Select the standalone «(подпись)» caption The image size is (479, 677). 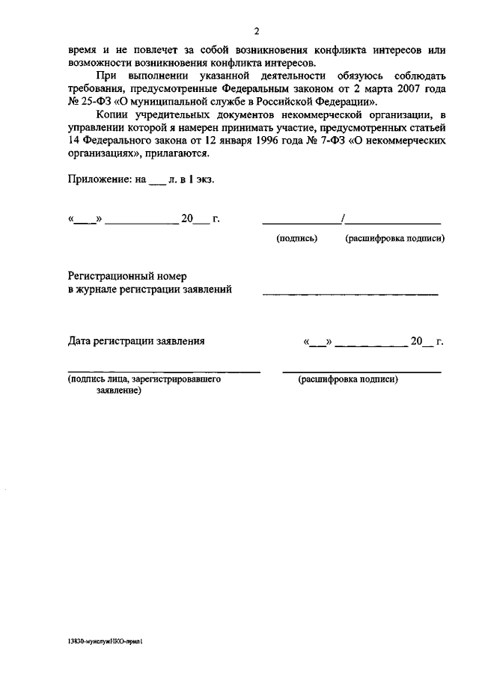[x=297, y=239]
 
